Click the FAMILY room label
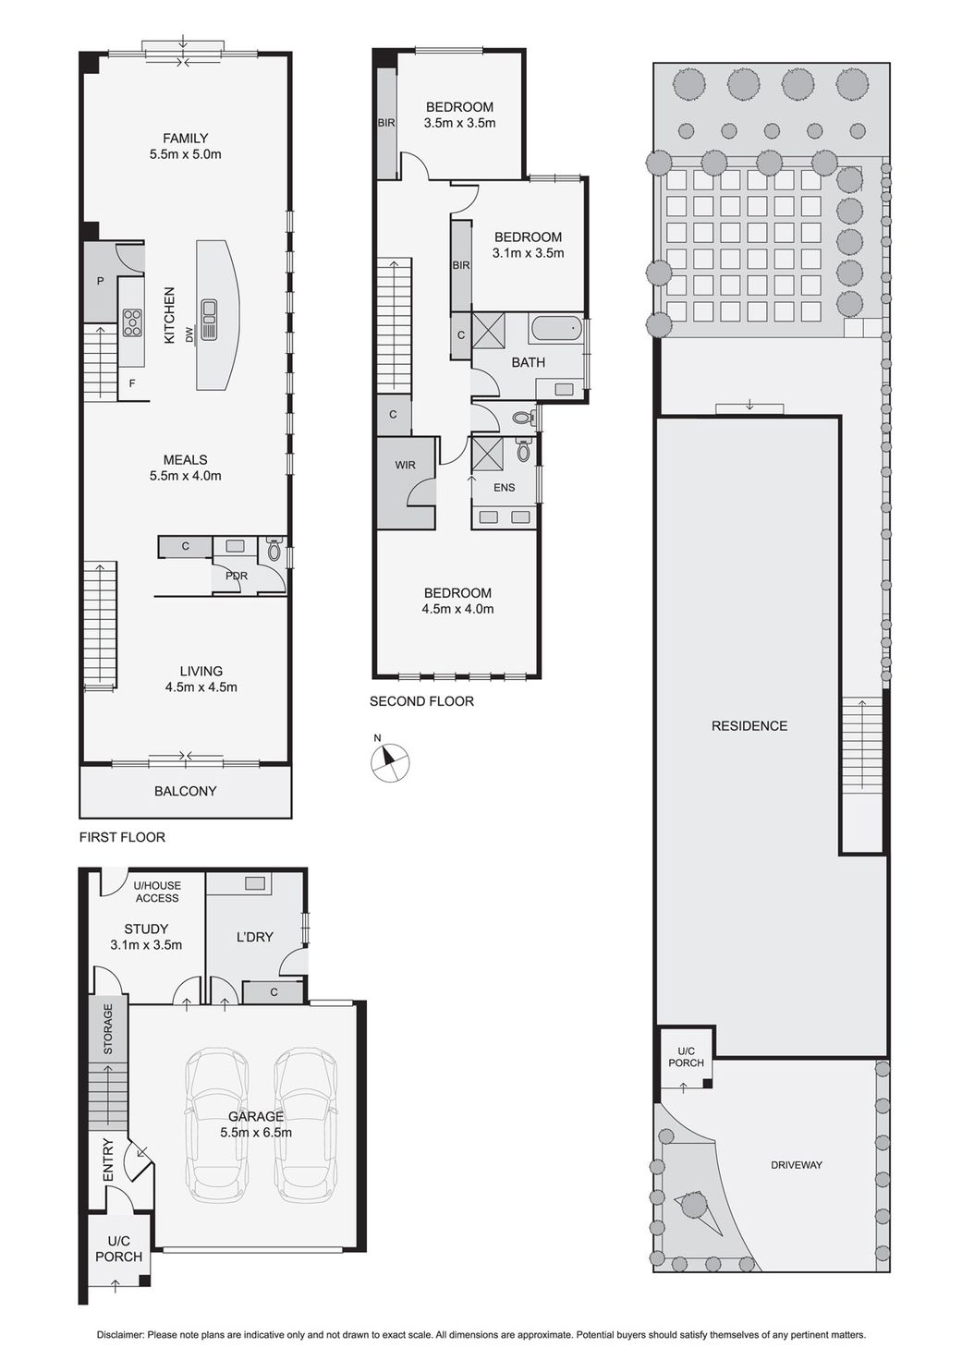pos(185,139)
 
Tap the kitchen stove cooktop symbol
pos(132,322)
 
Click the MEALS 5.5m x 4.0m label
pos(185,467)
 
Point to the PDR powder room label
pos(237,576)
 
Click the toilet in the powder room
pos(273,551)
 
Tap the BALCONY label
pos(185,791)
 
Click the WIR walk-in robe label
pos(405,465)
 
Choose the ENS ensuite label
pos(504,487)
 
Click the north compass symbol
pos(389,761)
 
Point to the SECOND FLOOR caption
pos(421,701)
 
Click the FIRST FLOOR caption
pos(122,837)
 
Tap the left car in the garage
pos(217,1124)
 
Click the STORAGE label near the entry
pos(108,1028)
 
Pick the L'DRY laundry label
pos(254,937)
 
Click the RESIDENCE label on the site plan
pos(749,726)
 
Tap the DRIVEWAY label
pos(796,1165)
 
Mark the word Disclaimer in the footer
pos(120,1335)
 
